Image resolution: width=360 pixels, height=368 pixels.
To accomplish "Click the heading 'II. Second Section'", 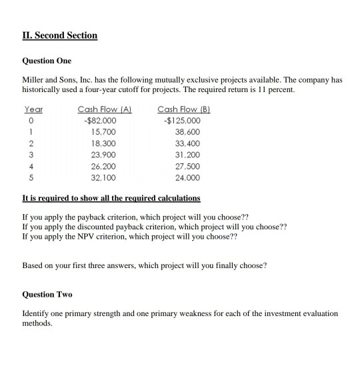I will (x=60, y=35).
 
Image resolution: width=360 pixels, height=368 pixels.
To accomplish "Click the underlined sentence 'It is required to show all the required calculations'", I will (x=111, y=199).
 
